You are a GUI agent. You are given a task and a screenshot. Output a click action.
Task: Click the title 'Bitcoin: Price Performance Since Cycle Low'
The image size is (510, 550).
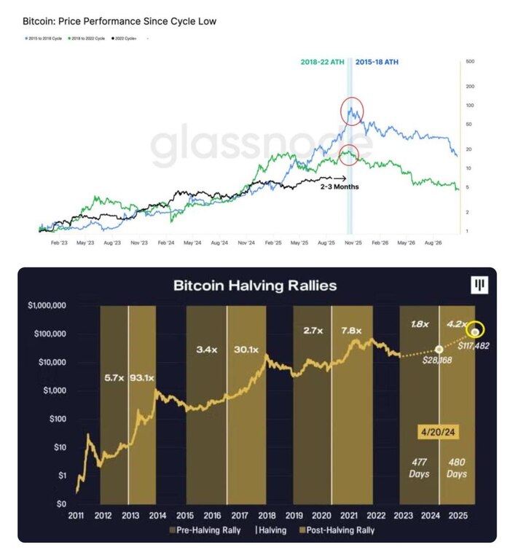119,21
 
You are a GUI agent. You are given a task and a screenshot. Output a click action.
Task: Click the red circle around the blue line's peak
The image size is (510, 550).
353,111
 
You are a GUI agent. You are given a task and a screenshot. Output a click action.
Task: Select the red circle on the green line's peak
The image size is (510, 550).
349,154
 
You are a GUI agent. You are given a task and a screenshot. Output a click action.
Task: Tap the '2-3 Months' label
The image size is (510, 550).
339,187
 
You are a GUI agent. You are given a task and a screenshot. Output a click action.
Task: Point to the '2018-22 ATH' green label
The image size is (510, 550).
323,62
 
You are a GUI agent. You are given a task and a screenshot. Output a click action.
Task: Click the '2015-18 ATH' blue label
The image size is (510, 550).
377,62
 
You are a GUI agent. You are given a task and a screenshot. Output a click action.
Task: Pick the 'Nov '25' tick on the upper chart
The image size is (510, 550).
353,241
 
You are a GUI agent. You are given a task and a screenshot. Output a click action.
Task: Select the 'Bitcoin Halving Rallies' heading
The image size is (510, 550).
255,285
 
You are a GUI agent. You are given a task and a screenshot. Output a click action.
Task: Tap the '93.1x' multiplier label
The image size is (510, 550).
142,378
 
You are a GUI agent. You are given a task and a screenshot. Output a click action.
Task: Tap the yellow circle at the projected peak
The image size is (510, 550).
476,330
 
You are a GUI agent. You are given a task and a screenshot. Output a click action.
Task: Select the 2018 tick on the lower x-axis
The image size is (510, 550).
267,514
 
